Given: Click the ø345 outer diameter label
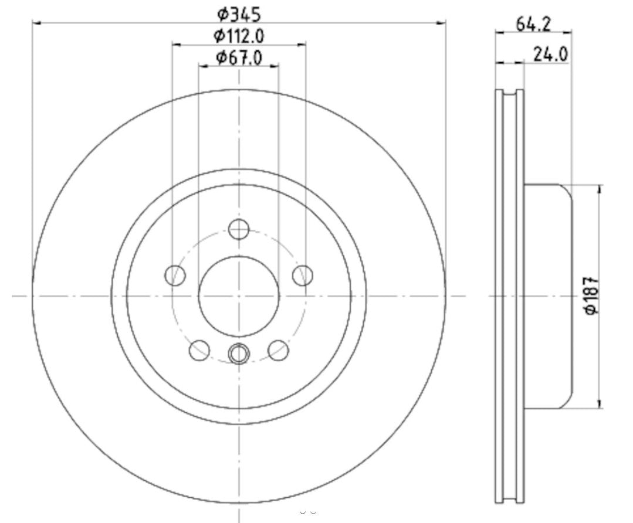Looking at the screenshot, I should pos(238,13).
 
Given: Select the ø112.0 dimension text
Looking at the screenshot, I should pos(238,36).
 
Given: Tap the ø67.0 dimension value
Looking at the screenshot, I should pos(238,57).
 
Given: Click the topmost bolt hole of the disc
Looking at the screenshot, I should pos(239,229).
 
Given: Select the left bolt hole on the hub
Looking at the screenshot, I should pos(175,274).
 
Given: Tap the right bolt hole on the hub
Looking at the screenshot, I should pos(303,274).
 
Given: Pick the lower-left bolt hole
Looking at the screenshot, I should pos(199,350).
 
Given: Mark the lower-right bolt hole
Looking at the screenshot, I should pos(278,350).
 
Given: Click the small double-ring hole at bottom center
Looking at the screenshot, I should pos(239,353).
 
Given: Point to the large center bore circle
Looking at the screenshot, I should pos(239,296).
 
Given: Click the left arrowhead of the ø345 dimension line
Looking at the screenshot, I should pos(35,23).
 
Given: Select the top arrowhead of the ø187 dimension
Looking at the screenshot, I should pos(599,188).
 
